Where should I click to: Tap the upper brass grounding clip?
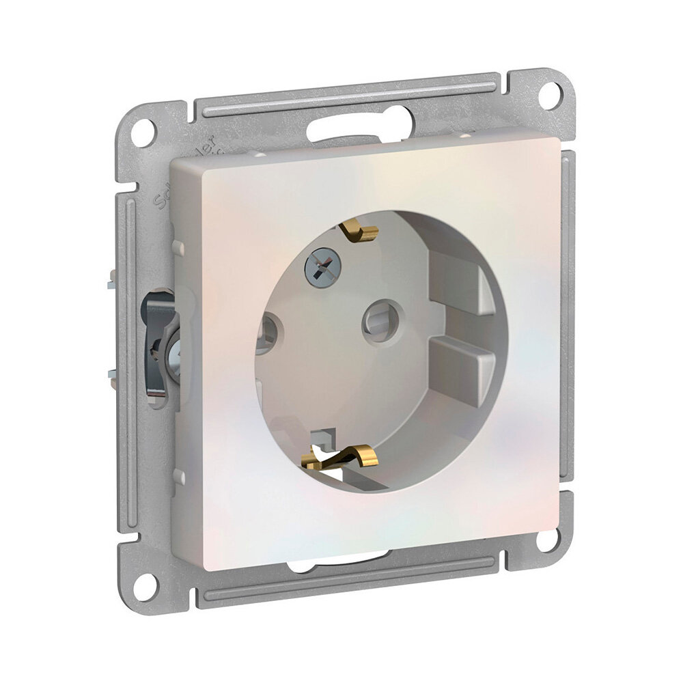point(360,232)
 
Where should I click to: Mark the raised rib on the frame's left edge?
point(126,341)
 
